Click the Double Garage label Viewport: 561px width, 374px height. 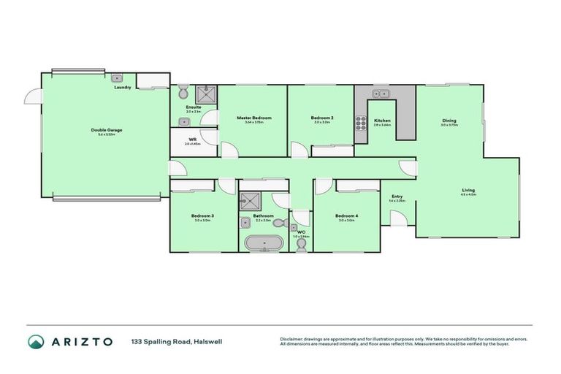coord(107,130)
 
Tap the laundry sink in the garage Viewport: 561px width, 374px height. coord(118,77)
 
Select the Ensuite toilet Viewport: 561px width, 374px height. coord(183,92)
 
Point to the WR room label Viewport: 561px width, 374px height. coord(192,139)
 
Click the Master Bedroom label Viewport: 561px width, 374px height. coord(253,118)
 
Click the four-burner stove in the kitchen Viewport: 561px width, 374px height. coord(360,124)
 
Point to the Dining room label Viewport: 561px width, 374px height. coord(449,121)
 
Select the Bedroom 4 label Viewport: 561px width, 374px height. coord(345,216)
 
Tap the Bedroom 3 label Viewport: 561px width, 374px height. coord(202,216)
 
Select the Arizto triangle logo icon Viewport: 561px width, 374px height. coord(36,342)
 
